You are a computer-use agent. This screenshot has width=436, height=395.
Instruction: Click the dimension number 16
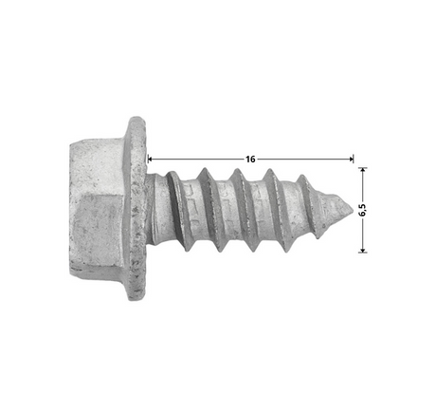(x=250, y=159)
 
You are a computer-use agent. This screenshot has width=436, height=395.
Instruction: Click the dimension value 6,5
(x=362, y=210)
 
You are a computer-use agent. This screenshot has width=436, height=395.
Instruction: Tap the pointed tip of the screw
(x=353, y=210)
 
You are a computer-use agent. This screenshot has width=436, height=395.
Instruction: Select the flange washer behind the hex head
(x=137, y=208)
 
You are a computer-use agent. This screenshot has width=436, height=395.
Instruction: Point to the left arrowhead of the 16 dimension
(x=150, y=159)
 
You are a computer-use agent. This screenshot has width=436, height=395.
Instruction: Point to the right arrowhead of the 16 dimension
(x=351, y=159)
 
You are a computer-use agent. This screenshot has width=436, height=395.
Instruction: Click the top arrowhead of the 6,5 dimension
(x=363, y=170)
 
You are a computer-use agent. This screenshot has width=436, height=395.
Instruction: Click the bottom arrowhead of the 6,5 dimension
(x=363, y=250)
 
